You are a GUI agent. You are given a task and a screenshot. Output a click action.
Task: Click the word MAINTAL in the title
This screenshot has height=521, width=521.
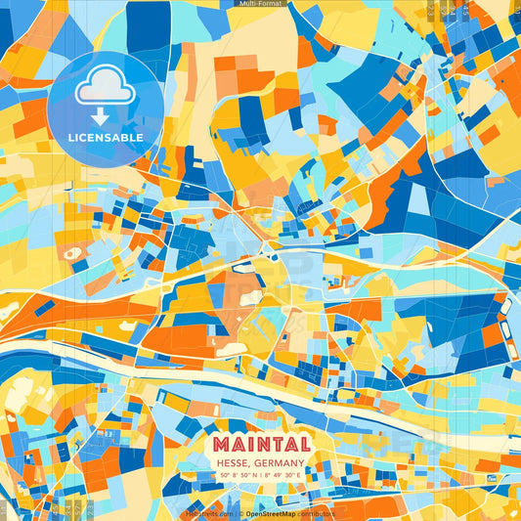point(260,445)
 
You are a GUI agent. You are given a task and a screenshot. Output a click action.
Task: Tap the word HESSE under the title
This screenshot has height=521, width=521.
point(234,462)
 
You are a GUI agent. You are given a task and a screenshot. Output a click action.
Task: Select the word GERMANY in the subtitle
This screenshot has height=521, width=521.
point(278,462)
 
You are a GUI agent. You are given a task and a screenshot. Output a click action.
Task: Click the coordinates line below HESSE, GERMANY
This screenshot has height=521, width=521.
point(260,476)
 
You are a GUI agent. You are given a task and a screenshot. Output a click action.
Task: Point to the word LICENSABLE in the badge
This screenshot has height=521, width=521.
point(106,138)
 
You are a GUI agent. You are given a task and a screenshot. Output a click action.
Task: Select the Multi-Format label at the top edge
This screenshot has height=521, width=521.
point(259,4)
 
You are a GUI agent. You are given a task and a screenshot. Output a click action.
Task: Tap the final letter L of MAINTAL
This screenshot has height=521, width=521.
point(302,445)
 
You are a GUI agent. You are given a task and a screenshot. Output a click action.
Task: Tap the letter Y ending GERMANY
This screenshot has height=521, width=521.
point(303,462)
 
